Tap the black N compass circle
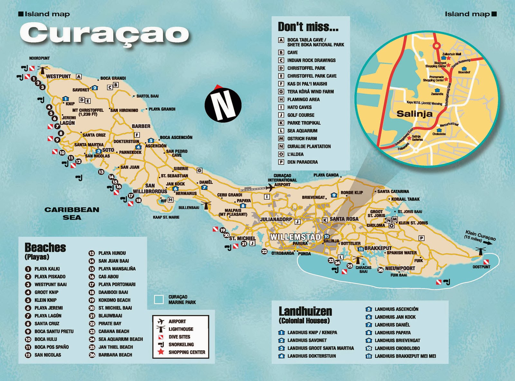[x=223, y=105]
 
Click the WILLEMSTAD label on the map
[x=295, y=237]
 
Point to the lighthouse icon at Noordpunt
[x=42, y=70]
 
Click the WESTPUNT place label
[x=58, y=77]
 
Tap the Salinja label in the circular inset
[x=414, y=114]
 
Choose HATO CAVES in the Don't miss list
[x=299, y=107]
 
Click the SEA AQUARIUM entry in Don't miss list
[x=302, y=131]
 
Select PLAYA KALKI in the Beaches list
[x=47, y=269]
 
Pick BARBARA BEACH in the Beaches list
[x=115, y=355]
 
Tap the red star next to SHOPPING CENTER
[x=161, y=352]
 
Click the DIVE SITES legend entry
[x=179, y=337]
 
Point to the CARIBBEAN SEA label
[x=72, y=213]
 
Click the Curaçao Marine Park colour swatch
[x=159, y=300]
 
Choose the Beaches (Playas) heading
[x=45, y=251]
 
